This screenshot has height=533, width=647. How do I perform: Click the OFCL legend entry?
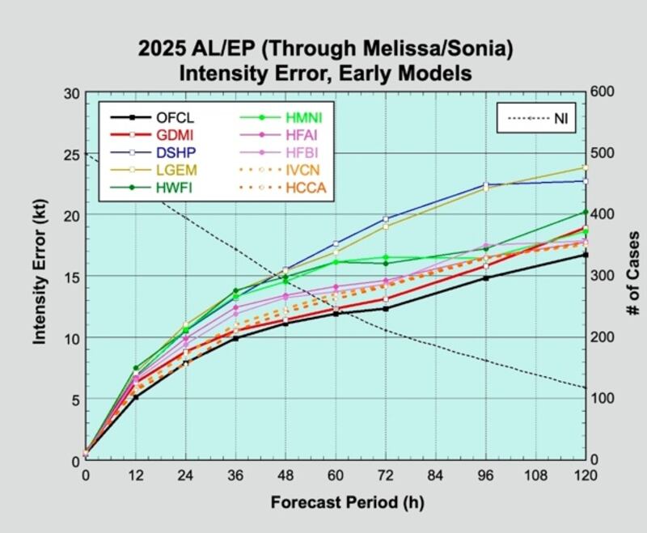tap(175, 116)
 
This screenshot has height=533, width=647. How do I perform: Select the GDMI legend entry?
tap(175, 133)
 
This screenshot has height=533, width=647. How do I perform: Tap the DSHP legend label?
tap(176, 151)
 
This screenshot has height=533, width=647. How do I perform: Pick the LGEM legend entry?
tap(177, 169)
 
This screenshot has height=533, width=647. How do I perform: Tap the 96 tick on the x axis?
tap(485, 475)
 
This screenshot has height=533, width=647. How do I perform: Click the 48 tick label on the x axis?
tap(285, 475)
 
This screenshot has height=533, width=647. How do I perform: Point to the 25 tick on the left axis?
tap(70, 154)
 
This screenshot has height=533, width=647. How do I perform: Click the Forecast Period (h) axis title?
tap(336, 501)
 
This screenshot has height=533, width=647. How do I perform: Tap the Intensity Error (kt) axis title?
tap(39, 275)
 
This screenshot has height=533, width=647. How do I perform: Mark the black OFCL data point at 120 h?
tap(585, 255)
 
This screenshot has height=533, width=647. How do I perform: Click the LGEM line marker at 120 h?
tap(585, 167)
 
